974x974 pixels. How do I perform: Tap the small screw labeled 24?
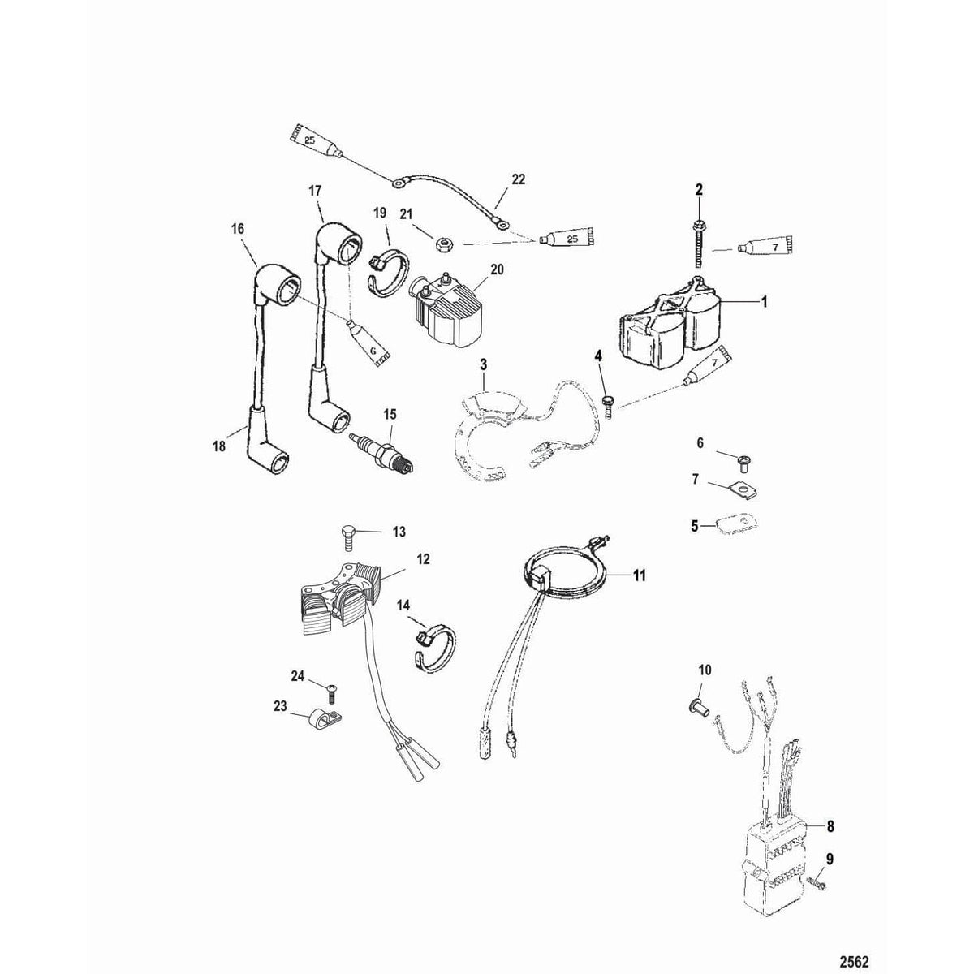tap(331, 692)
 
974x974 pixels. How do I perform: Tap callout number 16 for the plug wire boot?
tap(238, 230)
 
